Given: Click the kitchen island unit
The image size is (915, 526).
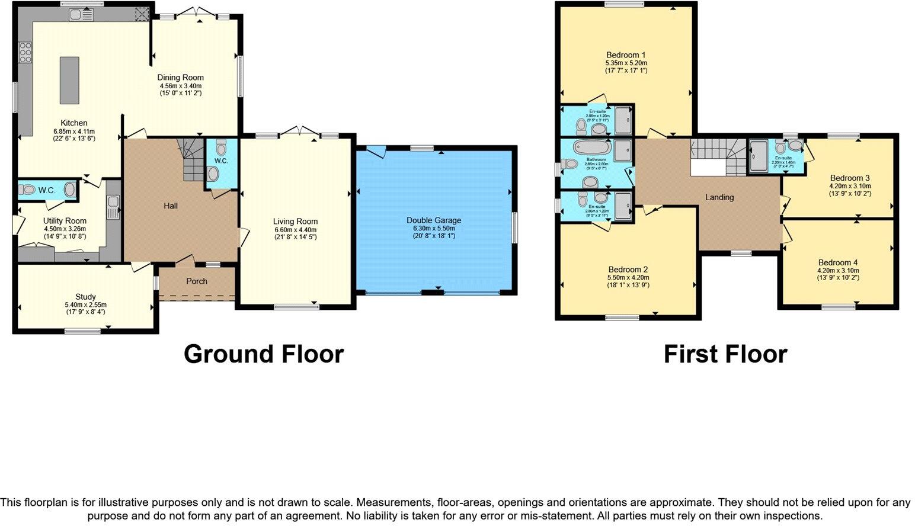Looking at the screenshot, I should pyautogui.click(x=69, y=80).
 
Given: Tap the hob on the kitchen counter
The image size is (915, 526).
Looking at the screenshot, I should pyautogui.click(x=25, y=53).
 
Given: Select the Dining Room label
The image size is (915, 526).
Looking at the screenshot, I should pyautogui.click(x=180, y=78).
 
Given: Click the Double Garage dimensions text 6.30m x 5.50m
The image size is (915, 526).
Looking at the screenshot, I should pyautogui.click(x=434, y=228).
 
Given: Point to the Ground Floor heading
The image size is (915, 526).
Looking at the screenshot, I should pyautogui.click(x=264, y=354).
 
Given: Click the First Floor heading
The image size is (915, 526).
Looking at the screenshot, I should pyautogui.click(x=725, y=354).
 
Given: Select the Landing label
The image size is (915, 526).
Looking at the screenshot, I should pyautogui.click(x=719, y=197).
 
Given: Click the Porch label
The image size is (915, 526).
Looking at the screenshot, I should pyautogui.click(x=197, y=281).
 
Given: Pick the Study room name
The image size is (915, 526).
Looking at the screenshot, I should pyautogui.click(x=85, y=297).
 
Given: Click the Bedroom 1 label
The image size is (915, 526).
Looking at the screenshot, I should pyautogui.click(x=626, y=55).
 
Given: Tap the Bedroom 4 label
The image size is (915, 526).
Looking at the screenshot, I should pyautogui.click(x=838, y=262).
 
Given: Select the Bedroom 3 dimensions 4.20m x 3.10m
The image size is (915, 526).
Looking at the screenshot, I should pyautogui.click(x=850, y=186).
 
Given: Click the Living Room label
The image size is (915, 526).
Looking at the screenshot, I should pyautogui.click(x=295, y=222).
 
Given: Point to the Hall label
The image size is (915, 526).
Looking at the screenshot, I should pyautogui.click(x=171, y=206).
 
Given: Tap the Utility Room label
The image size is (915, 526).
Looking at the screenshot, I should pyautogui.click(x=65, y=221).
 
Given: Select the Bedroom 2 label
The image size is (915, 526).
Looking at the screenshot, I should pyautogui.click(x=628, y=270).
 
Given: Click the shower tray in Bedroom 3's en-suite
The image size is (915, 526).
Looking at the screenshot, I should pyautogui.click(x=759, y=156).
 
